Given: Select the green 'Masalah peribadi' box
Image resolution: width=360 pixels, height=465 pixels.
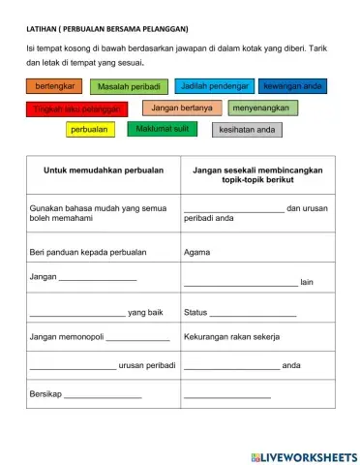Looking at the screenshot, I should [x=129, y=87].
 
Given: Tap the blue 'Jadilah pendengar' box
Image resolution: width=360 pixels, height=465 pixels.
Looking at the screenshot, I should [x=214, y=87].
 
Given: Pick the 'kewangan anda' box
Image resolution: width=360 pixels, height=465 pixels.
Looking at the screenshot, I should [x=293, y=87].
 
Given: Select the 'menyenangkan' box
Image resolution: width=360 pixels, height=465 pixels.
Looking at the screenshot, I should [x=263, y=108].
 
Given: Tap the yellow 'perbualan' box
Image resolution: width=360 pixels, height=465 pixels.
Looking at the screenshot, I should [x=89, y=129].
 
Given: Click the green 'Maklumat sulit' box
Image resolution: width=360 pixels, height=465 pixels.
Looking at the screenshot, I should [x=163, y=129].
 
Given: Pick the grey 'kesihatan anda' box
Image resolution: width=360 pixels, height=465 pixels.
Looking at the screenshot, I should [x=248, y=129].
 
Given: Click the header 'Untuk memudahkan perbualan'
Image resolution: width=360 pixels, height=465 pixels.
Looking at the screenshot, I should [x=104, y=170].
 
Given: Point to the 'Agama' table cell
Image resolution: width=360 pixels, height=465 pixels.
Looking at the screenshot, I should [x=196, y=251].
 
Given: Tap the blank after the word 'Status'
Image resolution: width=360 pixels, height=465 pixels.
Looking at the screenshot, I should [x=253, y=314].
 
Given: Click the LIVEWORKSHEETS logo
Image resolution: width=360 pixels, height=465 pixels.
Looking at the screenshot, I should [x=303, y=456].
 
